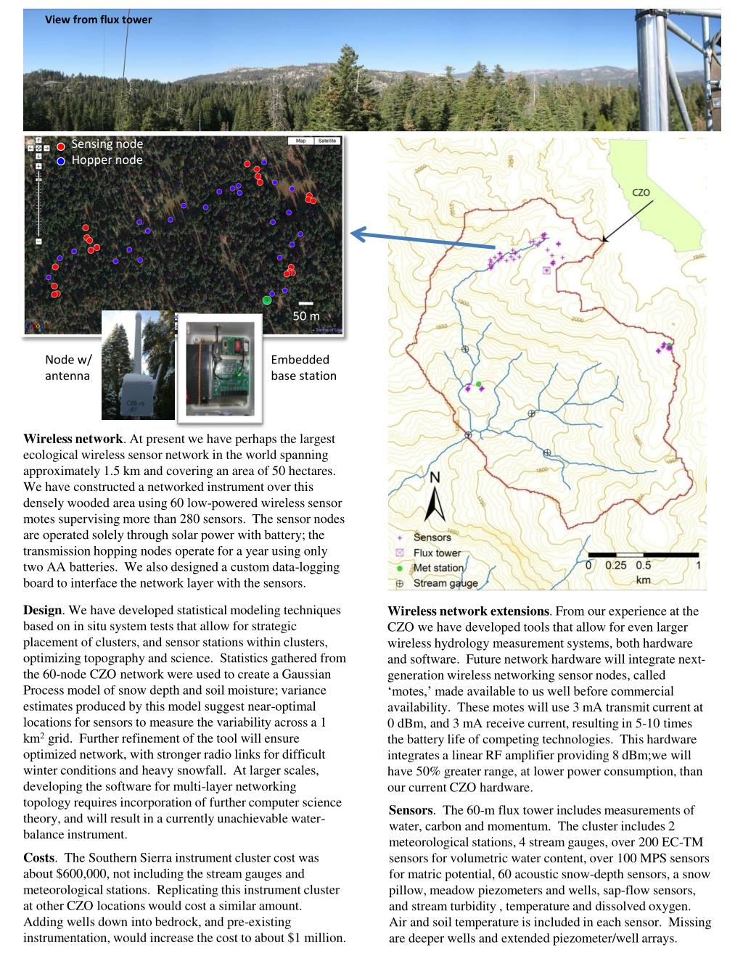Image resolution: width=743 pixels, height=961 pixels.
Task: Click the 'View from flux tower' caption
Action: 99,20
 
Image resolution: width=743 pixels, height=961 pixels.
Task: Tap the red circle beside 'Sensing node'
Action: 61,145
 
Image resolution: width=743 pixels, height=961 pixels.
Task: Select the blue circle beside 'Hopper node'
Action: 61,161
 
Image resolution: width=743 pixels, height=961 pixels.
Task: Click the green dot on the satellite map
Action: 267,300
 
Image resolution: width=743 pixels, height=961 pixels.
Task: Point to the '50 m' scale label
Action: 305,316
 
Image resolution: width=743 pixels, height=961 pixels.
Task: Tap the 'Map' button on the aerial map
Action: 300,141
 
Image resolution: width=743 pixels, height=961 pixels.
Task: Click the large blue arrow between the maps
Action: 421,240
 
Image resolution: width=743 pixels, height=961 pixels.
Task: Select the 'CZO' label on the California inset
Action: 641,193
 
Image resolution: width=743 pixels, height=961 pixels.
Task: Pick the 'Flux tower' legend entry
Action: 437,553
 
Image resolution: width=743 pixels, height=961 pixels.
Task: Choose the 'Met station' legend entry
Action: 438,568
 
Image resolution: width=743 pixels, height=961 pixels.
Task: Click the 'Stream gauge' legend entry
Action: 445,583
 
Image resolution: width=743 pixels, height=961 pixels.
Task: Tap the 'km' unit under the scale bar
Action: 643,580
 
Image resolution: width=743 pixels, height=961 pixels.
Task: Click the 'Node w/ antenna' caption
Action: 68,368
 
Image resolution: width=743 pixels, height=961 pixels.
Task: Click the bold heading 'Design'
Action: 42,610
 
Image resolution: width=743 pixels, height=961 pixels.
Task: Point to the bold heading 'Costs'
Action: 40,858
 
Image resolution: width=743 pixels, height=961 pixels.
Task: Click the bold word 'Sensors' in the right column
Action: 411,810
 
